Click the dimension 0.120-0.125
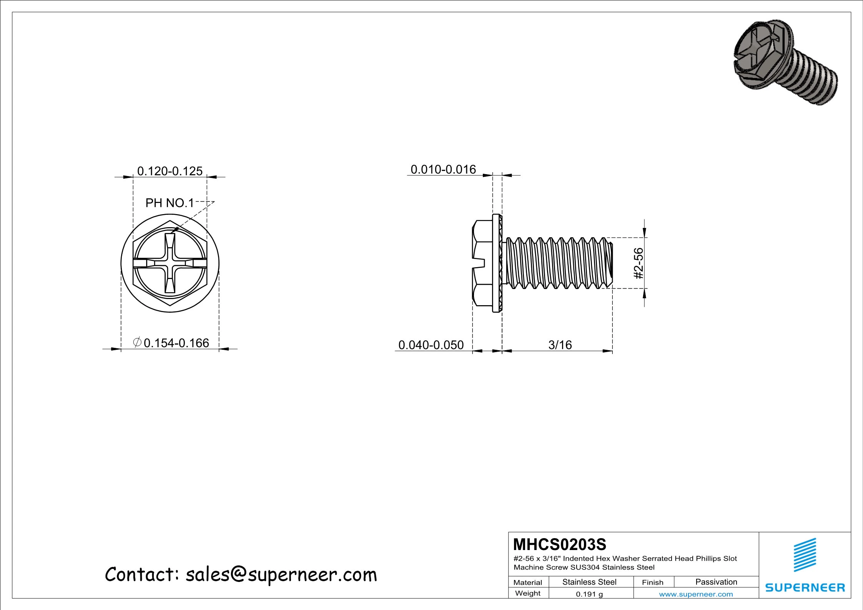coord(170,171)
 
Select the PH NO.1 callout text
coord(170,203)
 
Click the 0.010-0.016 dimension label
coord(443,170)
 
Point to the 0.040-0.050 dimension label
coord(431,345)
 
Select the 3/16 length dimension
coord(560,345)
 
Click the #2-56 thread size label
coord(638,263)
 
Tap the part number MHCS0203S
coord(559,544)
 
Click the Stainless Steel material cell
coord(589,582)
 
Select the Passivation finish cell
coord(716,582)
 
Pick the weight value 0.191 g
coord(589,594)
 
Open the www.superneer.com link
coord(696,594)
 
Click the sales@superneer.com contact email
coord(281,575)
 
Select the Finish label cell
coord(652,582)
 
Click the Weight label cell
coord(527,593)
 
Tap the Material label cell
coord(527,582)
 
